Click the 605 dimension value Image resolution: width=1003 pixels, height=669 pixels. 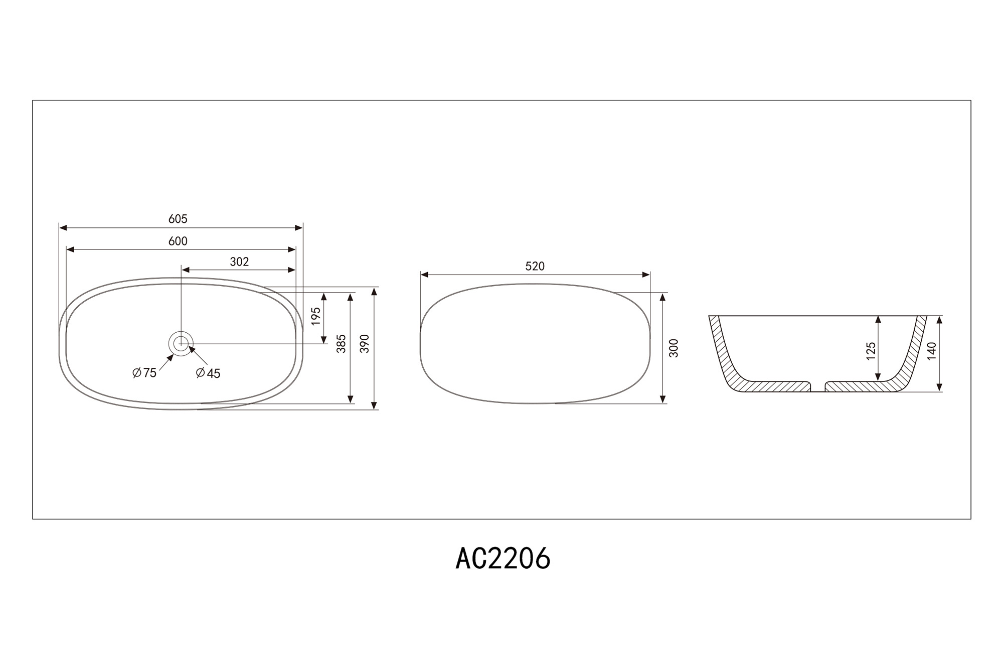178,219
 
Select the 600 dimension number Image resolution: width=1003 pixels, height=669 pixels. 178,241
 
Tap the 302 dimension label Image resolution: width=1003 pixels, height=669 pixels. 239,262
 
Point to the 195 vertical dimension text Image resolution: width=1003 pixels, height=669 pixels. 316,316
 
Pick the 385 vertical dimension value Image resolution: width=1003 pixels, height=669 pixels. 342,344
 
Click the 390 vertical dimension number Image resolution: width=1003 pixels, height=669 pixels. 365,344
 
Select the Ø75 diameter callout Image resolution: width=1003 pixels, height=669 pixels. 144,373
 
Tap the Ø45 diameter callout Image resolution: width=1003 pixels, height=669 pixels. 208,373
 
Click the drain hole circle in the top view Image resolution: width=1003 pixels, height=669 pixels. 181,344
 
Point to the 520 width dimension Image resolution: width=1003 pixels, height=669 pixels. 535,266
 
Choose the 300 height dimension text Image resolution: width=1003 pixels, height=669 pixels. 674,348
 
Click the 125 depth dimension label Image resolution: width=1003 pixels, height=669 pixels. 871,351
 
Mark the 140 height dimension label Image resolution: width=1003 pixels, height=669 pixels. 932,351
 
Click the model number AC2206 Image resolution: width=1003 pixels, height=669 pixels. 503,559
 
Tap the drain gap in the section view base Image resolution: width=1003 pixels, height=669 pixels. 818,386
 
